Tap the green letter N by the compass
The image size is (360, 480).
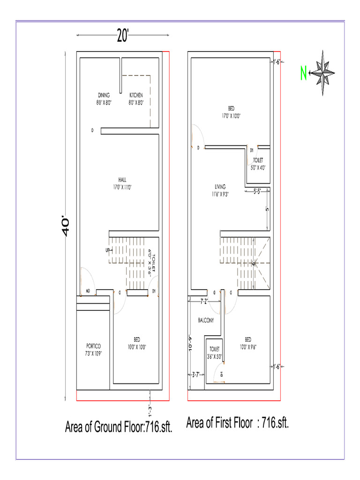[x=304, y=74]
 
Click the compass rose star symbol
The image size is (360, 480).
[x=322, y=73]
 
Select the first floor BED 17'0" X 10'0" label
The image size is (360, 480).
[x=231, y=111]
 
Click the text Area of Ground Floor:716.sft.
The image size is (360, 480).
[x=119, y=427]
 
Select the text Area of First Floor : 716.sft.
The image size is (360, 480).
[x=238, y=423]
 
